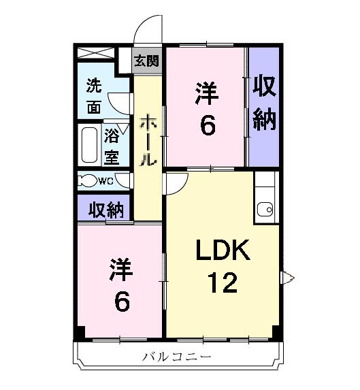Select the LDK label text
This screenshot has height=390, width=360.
point(223,251)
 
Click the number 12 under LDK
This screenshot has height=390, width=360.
point(223,281)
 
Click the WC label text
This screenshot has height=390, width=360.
point(105,180)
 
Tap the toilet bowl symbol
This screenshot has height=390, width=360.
point(86,181)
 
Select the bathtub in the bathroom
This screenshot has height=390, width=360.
point(88,144)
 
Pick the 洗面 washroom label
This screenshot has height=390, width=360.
point(95,97)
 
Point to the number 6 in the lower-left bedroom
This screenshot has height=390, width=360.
point(122,301)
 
